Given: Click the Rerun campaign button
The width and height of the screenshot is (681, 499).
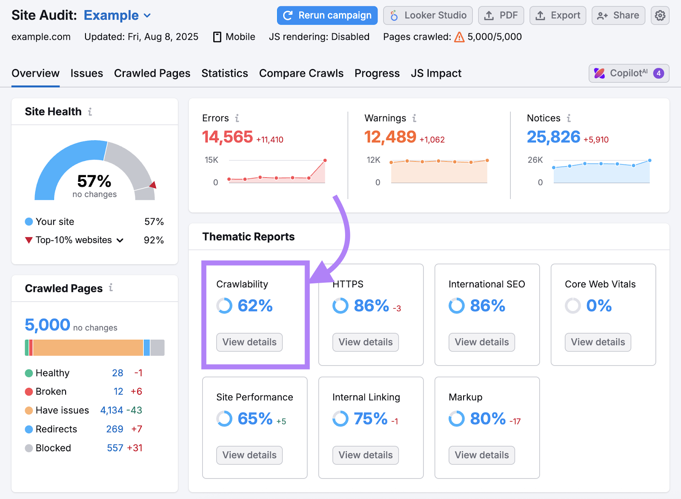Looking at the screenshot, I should [327, 15].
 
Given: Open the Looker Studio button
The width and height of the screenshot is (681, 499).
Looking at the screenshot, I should [428, 15].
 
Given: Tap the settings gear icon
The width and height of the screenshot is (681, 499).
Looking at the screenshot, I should [660, 15].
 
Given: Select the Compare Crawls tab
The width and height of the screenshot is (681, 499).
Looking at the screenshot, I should [301, 73].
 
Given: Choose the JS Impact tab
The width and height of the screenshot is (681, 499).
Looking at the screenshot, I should [436, 73].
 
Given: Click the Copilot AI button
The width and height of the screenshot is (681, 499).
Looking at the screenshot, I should [629, 73].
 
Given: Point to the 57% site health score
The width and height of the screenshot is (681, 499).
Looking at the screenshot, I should [94, 181].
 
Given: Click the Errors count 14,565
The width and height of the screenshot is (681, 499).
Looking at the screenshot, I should [227, 137].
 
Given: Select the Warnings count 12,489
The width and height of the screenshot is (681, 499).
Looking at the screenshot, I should [390, 137].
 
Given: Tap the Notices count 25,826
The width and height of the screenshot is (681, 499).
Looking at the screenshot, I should [553, 137].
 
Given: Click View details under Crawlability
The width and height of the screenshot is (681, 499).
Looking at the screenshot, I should [249, 342].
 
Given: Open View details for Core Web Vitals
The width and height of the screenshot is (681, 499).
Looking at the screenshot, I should [598, 342].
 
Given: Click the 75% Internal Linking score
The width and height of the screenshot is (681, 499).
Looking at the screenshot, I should [370, 418].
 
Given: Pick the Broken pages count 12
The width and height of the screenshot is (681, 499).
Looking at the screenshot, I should [118, 392].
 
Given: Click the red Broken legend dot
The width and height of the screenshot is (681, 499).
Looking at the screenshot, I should [29, 392].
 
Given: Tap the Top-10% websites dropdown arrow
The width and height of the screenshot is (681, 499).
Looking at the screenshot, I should [120, 240].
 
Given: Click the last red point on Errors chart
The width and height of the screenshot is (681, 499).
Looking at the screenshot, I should [325, 161].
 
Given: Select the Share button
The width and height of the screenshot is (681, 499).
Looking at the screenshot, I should [618, 15].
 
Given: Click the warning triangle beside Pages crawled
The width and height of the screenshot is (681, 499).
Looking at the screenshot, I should [459, 37].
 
